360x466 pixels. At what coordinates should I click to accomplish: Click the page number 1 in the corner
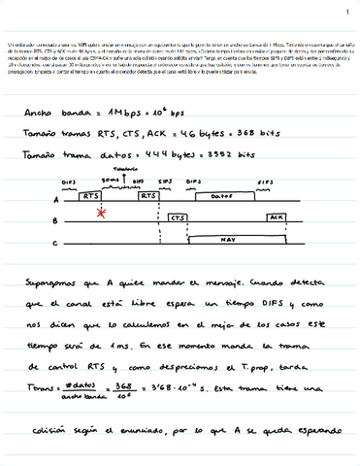[x=345, y=13]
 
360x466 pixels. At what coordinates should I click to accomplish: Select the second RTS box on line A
[x=148, y=195]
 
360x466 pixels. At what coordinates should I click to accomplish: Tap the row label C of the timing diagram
[x=54, y=243]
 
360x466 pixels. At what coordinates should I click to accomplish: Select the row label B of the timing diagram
[x=54, y=221]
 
